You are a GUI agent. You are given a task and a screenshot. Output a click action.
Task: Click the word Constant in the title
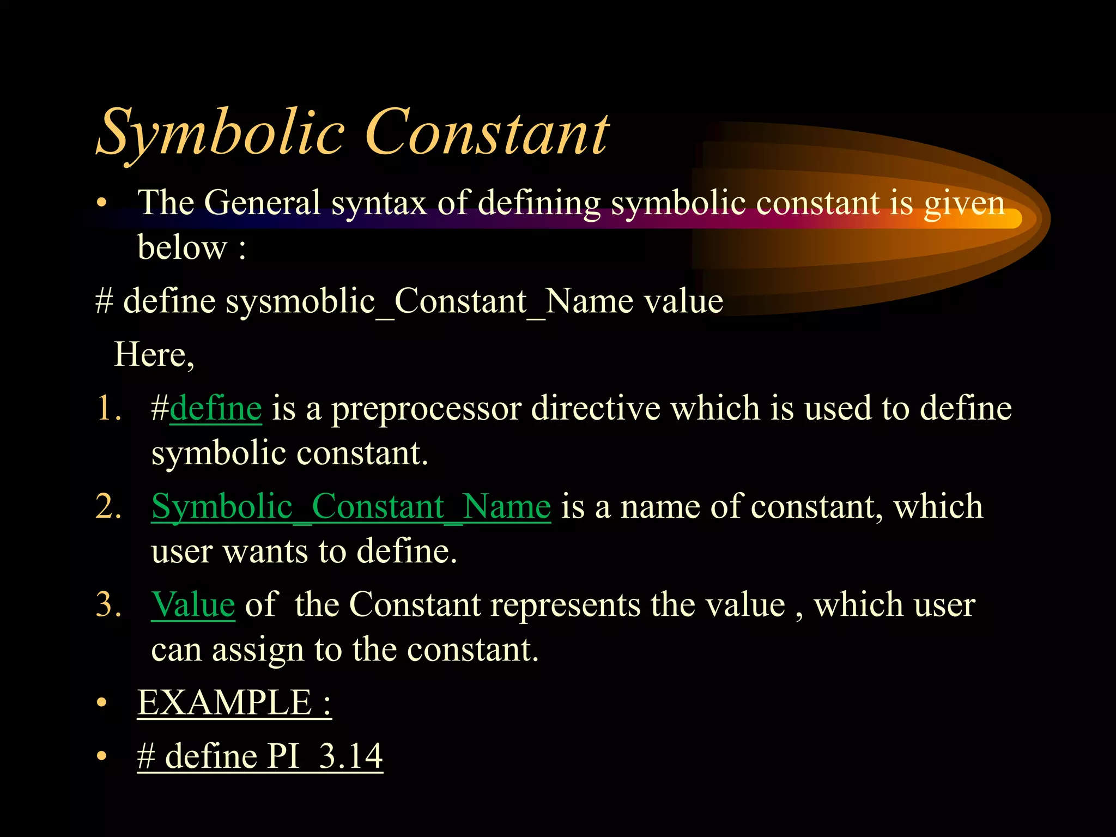tap(487, 134)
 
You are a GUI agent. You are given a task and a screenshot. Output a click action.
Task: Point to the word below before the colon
tap(181, 248)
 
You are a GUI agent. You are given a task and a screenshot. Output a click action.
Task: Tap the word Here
tap(153, 355)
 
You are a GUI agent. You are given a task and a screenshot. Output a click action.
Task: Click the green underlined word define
tap(216, 409)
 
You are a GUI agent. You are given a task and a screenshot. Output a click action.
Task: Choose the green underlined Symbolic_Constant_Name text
tap(351, 507)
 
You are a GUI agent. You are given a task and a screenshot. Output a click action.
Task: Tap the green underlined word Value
tap(193, 605)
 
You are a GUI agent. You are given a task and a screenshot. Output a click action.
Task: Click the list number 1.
tap(108, 409)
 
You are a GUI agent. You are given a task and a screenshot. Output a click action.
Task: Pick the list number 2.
tap(108, 507)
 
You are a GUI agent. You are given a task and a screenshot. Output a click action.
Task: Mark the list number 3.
tap(108, 605)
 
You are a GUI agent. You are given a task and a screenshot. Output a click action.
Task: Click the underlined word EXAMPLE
tap(224, 702)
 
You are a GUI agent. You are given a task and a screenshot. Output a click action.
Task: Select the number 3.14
tap(350, 756)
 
